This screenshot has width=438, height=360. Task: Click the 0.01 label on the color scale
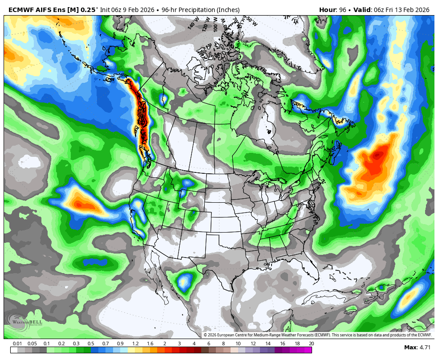click(x=18, y=344)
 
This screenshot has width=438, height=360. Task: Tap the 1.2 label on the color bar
click(x=135, y=344)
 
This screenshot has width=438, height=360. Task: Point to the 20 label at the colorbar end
click(x=311, y=344)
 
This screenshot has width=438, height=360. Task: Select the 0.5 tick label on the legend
click(x=91, y=344)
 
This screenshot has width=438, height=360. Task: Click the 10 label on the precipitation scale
click(x=238, y=344)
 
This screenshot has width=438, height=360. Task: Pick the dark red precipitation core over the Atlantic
click(x=378, y=155)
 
